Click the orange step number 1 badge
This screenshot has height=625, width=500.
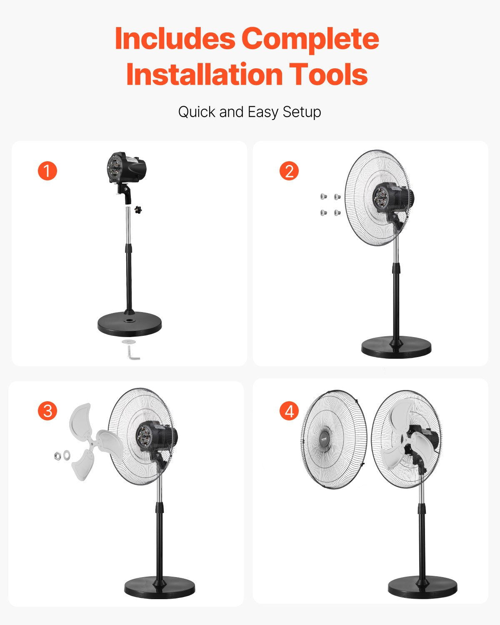coord(47,171)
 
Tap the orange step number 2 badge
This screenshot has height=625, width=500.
coord(289,171)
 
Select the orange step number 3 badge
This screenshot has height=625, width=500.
coord(47,411)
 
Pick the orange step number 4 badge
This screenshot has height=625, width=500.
coord(289,411)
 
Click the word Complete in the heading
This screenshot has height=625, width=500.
coord(310,38)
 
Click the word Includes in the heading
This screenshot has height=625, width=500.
coord(175,38)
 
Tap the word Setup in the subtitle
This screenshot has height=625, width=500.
coord(302,112)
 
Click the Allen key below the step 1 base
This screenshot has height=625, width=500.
coord(133,353)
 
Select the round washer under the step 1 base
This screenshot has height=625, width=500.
coord(129,342)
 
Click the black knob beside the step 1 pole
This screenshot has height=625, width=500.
coord(138,210)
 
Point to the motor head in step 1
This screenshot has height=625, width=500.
coord(126,167)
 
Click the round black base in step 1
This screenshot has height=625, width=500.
coord(129,324)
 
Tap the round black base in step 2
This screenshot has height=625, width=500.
coord(396,347)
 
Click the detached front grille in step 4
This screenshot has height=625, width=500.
coord(334,440)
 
